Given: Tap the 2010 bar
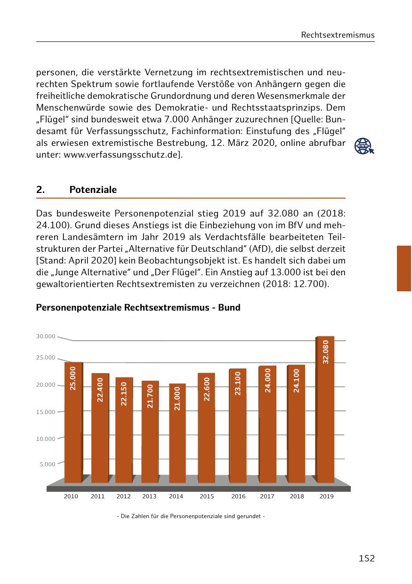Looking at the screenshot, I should point(73,424).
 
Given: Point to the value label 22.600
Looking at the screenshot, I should point(207,389).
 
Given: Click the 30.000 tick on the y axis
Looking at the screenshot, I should point(46,336).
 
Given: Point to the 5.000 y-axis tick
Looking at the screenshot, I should point(48,464).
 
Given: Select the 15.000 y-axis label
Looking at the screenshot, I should point(46,412).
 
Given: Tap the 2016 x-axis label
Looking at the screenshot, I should point(238,496).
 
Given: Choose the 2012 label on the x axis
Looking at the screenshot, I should point(123,496).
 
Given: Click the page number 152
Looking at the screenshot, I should point(366,559).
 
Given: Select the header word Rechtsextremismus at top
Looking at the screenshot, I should point(338,35).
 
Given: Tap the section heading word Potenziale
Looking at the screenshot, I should point(93,190).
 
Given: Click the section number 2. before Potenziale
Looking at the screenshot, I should point(40,190).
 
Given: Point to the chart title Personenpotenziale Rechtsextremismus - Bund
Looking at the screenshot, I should point(138,308).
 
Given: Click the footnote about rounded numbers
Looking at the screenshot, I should point(191,516).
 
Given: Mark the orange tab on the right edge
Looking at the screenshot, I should point(404,268).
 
